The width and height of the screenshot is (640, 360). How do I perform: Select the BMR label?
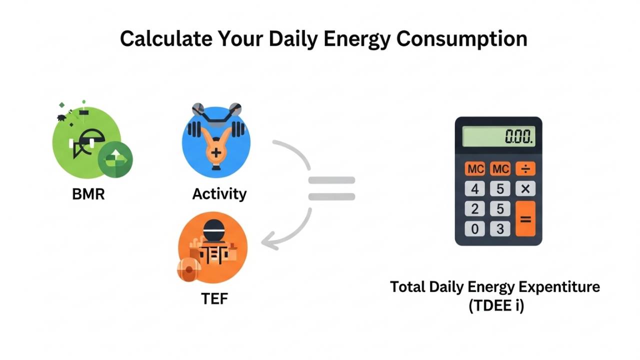click(88, 194)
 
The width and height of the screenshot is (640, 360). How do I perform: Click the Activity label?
click(219, 194)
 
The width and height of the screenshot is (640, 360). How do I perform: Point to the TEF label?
click(214, 298)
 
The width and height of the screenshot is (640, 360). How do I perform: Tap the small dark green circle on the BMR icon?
click(115, 159)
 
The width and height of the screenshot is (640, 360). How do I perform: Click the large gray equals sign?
click(331, 189)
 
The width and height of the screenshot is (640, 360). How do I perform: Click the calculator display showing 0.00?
click(498, 136)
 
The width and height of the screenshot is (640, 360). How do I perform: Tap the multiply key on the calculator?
click(525, 188)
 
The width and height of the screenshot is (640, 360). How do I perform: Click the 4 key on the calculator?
click(474, 188)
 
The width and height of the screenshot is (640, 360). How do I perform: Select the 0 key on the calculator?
click(474, 229)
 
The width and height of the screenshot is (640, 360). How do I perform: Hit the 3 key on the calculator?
click(500, 229)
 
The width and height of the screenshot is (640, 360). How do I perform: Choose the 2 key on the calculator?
click(474, 208)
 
